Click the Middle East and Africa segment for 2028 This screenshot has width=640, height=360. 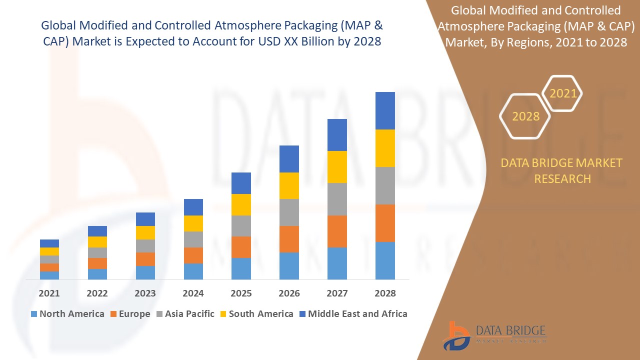pyautogui.click(x=385, y=110)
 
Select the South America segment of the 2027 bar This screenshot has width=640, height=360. pyautogui.click(x=337, y=167)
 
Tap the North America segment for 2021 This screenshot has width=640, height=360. pyautogui.click(x=49, y=275)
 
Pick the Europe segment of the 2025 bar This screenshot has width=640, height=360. pyautogui.click(x=241, y=247)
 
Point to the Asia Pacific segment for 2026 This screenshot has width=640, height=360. pyautogui.click(x=289, y=212)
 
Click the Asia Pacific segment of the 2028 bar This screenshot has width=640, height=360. pyautogui.click(x=385, y=185)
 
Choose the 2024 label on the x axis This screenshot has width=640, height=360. pyautogui.click(x=193, y=293)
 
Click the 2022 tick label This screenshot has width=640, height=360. pyautogui.click(x=97, y=293)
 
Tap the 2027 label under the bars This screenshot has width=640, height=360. pyautogui.click(x=337, y=293)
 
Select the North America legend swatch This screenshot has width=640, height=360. pyautogui.click(x=34, y=314)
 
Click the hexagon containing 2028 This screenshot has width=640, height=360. pyautogui.click(x=525, y=116)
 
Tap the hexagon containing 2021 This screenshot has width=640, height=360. pyautogui.click(x=562, y=93)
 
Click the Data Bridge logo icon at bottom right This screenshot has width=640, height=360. pyautogui.click(x=455, y=335)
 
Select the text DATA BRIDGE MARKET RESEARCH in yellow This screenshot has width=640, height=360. pyautogui.click(x=562, y=170)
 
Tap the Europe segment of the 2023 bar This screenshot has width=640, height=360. pyautogui.click(x=145, y=259)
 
